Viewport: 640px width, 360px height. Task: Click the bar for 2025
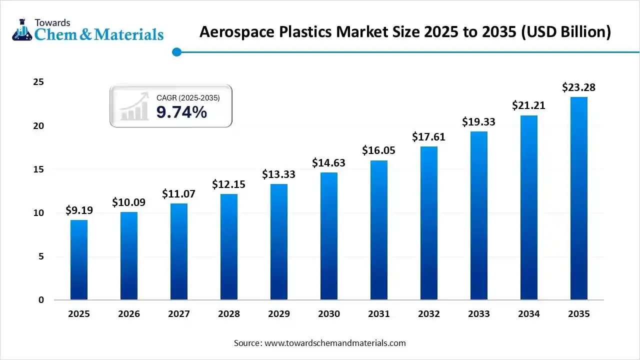point(79,260)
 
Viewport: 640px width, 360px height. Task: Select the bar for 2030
point(329,236)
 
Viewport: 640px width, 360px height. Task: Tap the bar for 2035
point(578,198)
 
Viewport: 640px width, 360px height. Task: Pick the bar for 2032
point(429,223)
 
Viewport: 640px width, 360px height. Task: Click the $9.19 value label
point(79,210)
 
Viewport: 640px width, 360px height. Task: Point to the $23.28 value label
point(578,87)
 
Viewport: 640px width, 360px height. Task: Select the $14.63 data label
point(328,162)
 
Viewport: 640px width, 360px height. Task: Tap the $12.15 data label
point(228,184)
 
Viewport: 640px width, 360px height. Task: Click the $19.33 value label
point(478,121)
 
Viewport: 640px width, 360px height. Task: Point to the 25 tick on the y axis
point(38,82)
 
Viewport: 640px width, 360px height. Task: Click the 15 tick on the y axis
point(38,169)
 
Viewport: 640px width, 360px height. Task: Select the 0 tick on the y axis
point(41,300)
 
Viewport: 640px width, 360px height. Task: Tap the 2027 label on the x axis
point(178,314)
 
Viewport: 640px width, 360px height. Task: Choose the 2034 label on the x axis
point(528,314)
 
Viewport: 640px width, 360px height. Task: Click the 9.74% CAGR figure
point(181,112)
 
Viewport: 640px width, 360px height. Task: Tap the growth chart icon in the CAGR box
point(134,106)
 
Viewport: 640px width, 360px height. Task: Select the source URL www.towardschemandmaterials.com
point(335,343)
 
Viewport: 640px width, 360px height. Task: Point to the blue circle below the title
point(176,52)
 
